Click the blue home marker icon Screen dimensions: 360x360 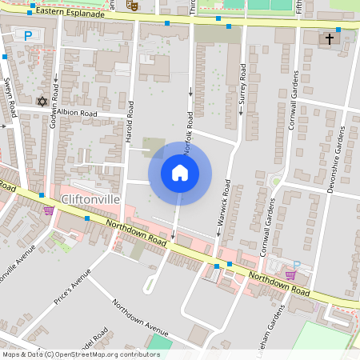[180, 173]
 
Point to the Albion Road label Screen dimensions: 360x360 [77, 114]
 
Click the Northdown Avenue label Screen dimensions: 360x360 [140, 317]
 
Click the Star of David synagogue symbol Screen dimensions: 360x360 [42, 102]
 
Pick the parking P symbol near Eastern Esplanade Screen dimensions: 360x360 [29, 35]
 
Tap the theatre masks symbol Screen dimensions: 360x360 [133, 5]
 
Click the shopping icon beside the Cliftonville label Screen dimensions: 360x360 [50, 210]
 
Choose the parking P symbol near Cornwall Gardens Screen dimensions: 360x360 [297, 265]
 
